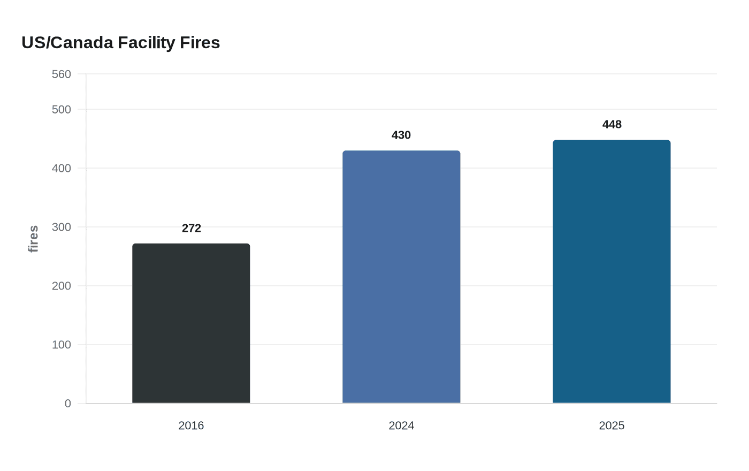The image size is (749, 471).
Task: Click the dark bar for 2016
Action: tap(191, 323)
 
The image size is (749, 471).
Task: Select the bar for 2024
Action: tap(401, 277)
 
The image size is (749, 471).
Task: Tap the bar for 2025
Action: tap(612, 271)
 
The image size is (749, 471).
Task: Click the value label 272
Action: tap(191, 229)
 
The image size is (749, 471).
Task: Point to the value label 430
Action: tap(401, 135)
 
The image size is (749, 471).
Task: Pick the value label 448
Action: tap(612, 125)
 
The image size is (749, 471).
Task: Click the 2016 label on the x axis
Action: tap(191, 426)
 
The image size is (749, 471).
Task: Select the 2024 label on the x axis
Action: tap(401, 426)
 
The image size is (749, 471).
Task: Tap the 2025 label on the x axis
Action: tap(612, 426)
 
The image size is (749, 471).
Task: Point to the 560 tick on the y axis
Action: tap(62, 74)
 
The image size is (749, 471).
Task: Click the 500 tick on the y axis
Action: tap(62, 110)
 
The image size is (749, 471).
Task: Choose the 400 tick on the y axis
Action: tap(62, 169)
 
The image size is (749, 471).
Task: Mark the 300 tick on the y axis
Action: tap(62, 227)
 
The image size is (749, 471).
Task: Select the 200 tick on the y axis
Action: tap(62, 286)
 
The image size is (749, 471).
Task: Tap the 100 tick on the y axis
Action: tap(62, 345)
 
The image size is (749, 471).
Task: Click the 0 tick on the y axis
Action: tap(68, 404)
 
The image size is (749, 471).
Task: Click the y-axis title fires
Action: tap(33, 239)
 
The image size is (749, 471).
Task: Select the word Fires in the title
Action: tap(200, 43)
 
